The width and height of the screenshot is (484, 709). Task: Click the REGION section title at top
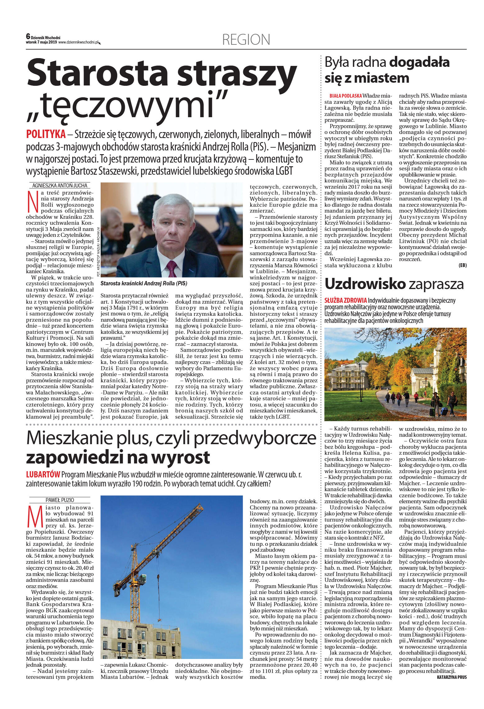point(246,40)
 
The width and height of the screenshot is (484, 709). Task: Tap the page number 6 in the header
point(28,37)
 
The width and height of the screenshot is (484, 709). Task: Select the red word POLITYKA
point(46,134)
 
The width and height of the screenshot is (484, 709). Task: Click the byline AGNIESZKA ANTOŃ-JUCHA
point(60,186)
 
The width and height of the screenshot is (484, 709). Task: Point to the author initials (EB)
point(462,265)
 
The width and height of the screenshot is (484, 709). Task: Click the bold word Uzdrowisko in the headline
point(365,284)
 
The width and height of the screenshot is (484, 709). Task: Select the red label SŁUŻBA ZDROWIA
point(345,301)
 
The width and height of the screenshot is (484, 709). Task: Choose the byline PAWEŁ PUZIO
point(60,500)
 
